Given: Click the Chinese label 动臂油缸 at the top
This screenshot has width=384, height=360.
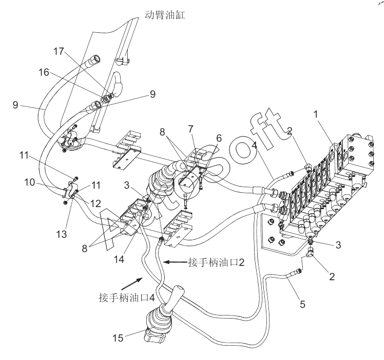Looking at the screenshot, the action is pyautogui.click(x=165, y=15).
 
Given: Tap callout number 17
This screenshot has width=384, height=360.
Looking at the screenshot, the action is pyautogui.click(x=59, y=52).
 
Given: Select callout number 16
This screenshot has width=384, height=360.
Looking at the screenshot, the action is pyautogui.click(x=44, y=72).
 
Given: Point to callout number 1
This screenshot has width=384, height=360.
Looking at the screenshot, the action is pyautogui.click(x=316, y=114).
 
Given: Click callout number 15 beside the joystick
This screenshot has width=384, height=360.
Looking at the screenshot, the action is pyautogui.click(x=118, y=338).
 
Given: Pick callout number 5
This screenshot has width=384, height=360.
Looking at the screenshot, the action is pyautogui.click(x=303, y=304).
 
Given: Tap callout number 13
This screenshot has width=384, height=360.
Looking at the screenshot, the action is pyautogui.click(x=61, y=234).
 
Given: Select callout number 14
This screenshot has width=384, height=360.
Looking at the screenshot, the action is pyautogui.click(x=119, y=259).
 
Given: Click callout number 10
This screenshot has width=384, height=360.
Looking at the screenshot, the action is pyautogui.click(x=30, y=183).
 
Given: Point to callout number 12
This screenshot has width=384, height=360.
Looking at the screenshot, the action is pyautogui.click(x=96, y=204).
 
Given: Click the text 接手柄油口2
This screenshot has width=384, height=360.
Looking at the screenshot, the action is pyautogui.click(x=216, y=262).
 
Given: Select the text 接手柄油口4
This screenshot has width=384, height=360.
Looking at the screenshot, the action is pyautogui.click(x=127, y=298).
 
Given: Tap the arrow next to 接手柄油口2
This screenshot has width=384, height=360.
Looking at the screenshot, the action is pyautogui.click(x=175, y=262).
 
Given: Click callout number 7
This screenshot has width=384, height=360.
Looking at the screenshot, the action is pyautogui.click(x=191, y=129).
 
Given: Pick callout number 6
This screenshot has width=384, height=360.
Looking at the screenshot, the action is pyautogui.click(x=219, y=139).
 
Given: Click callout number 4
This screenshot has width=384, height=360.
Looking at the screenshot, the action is pyautogui.click(x=255, y=145).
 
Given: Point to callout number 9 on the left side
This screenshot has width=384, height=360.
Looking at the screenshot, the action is pyautogui.click(x=15, y=105).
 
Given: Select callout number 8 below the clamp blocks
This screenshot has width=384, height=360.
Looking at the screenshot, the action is pyautogui.click(x=84, y=249).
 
